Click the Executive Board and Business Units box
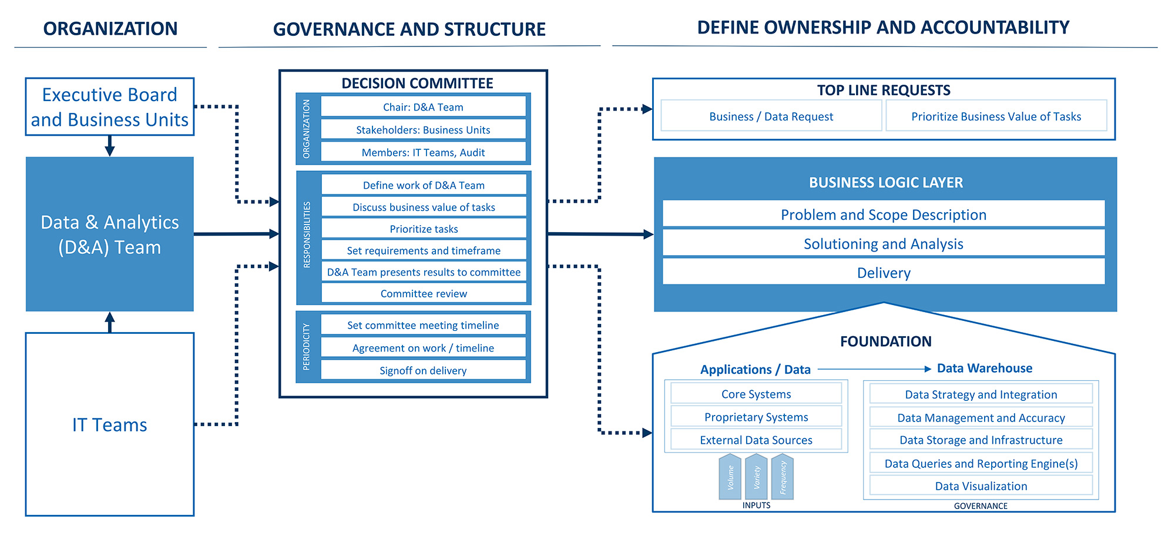110,107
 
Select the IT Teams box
110,424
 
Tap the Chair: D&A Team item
423,107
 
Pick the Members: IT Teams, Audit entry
423,152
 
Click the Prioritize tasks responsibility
424,229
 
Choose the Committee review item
424,293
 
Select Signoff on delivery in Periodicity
423,370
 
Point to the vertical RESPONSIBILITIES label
307,235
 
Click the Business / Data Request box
771,116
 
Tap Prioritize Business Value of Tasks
996,116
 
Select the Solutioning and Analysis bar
883,243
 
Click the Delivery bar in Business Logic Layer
883,273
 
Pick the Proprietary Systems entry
756,417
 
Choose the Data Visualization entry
981,486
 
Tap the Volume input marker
730,477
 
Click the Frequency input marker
783,477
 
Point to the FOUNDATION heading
885,342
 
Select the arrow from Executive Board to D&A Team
109,146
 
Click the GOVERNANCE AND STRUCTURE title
409,29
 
